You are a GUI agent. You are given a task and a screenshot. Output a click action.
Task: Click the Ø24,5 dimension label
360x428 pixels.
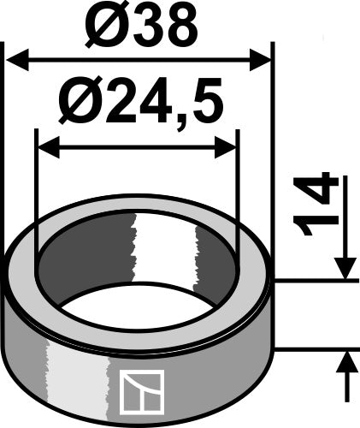(x=140, y=100)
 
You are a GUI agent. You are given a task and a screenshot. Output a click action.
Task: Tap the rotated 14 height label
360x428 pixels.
(x=316, y=204)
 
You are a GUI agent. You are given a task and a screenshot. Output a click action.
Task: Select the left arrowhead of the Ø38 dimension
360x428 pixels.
(x=18, y=60)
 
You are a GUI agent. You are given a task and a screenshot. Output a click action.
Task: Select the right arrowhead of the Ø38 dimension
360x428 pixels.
(x=260, y=60)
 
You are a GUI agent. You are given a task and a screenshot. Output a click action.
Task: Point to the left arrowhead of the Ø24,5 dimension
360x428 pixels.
(x=49, y=147)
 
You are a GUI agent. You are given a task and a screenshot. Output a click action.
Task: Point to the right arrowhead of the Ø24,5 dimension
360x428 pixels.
(x=225, y=147)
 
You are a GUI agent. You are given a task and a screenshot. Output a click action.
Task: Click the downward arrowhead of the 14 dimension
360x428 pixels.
(x=345, y=268)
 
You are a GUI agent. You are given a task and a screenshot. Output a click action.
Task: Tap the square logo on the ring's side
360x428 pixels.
(x=142, y=392)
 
